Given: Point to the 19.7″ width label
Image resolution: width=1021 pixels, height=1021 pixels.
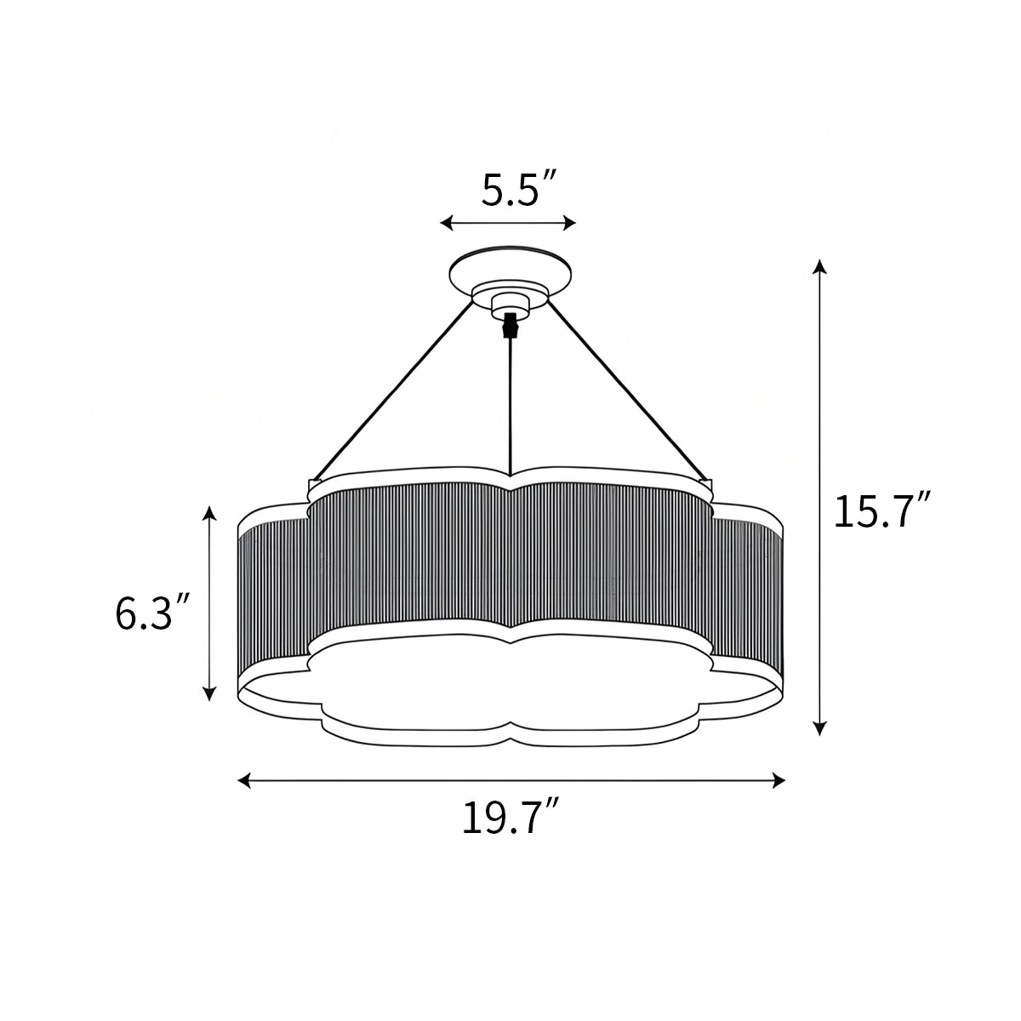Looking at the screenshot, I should [510, 819].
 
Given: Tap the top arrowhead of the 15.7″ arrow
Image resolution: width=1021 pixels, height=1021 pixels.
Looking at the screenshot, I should [819, 265].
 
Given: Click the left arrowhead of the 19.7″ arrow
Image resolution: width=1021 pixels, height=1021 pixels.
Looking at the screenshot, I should [244, 779].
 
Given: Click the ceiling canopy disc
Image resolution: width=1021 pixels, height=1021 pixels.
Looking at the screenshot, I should [510, 267].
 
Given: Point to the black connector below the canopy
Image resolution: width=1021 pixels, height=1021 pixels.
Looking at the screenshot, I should [510, 324].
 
